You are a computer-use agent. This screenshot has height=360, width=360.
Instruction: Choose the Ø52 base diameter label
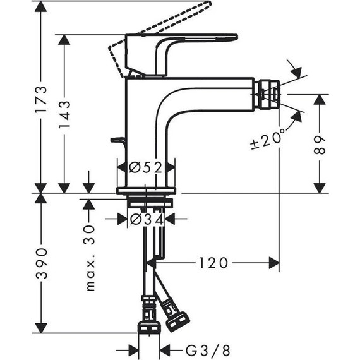146,167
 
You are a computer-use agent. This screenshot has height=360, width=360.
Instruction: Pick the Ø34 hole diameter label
146,219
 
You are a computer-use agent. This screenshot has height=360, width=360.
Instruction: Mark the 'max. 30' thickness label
90,259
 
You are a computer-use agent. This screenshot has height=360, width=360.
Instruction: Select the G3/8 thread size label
191,349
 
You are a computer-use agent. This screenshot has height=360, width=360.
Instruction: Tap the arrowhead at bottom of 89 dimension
321,188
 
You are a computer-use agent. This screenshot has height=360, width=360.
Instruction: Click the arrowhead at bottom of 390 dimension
41,328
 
